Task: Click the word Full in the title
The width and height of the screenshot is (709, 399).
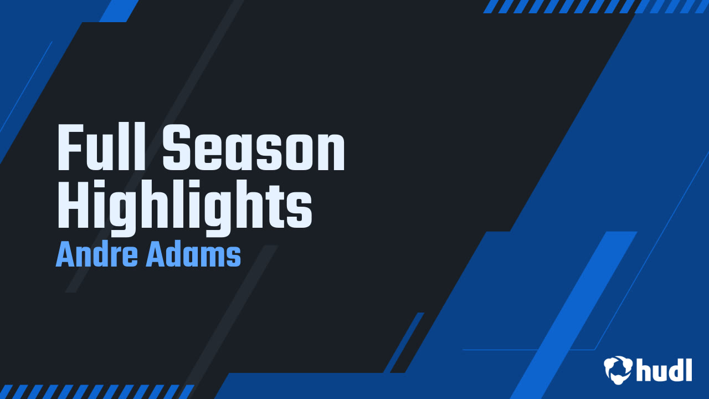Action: point(102,149)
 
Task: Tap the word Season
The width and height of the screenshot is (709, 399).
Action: point(254,149)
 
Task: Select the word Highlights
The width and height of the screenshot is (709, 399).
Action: point(185,207)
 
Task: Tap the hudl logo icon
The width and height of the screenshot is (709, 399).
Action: point(618,369)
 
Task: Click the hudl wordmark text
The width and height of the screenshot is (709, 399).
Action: point(664,369)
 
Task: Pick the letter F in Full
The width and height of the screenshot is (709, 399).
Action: point(70,149)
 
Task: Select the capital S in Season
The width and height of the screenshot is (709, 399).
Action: point(177,149)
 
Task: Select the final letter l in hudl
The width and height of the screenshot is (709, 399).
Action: point(689,369)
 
